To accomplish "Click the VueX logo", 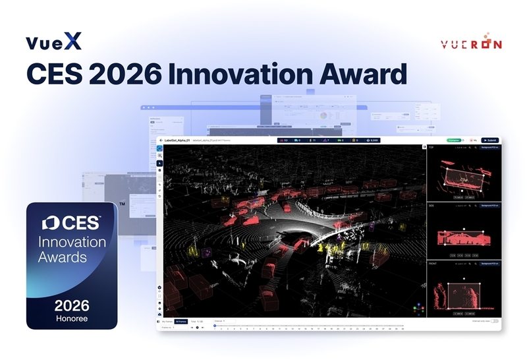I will [x=54, y=43].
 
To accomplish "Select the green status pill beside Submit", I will [x=453, y=140].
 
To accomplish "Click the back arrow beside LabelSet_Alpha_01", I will [x=161, y=140].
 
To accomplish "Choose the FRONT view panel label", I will [x=433, y=263].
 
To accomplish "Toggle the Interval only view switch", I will [x=495, y=321].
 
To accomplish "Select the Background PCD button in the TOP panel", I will [x=488, y=148].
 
